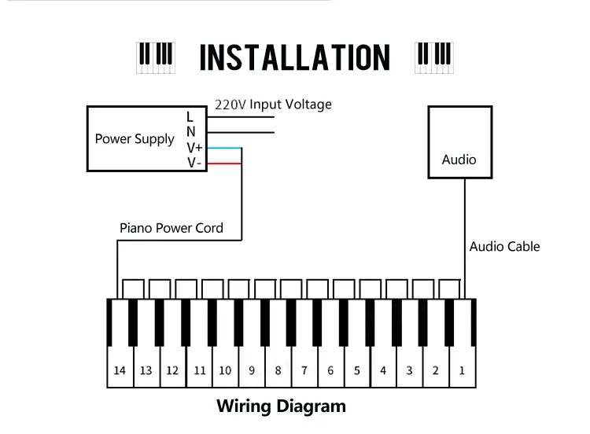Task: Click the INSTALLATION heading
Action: pyautogui.click(x=294, y=57)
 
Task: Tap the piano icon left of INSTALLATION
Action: pyautogui.click(x=156, y=57)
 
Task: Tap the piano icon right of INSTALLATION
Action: pyautogui.click(x=433, y=57)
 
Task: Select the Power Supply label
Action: pyautogui.click(x=135, y=139)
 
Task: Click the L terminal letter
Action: pyautogui.click(x=190, y=116)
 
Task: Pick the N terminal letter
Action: pyautogui.click(x=190, y=132)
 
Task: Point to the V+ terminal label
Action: pyautogui.click(x=194, y=148)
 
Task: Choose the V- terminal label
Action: pyautogui.click(x=193, y=163)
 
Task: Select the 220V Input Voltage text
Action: pyautogui.click(x=273, y=105)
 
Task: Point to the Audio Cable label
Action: pyautogui.click(x=504, y=246)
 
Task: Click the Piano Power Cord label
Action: pyautogui.click(x=171, y=228)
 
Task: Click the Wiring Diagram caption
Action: pyautogui.click(x=281, y=406)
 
